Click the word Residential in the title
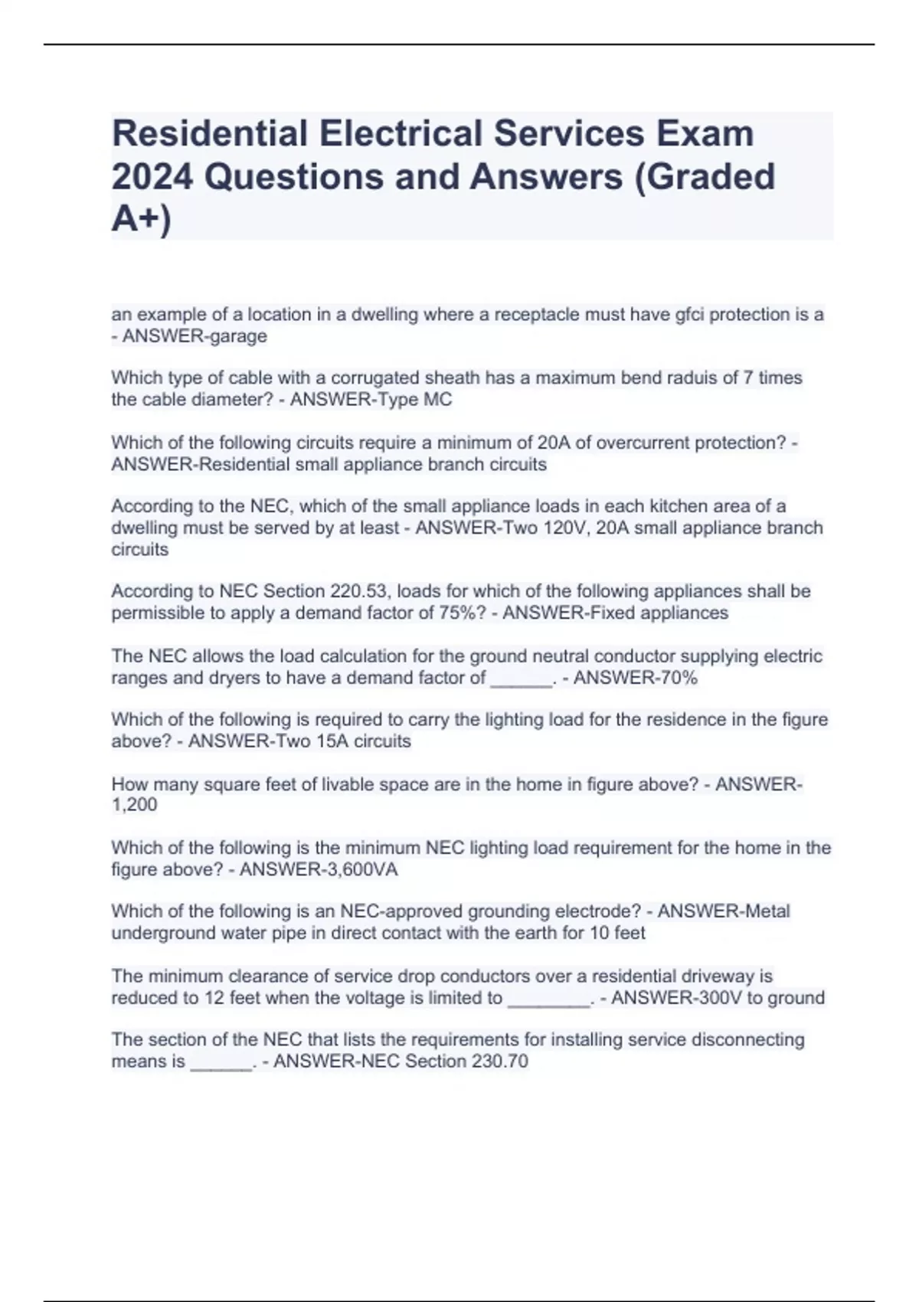209,133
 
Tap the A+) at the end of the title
142,220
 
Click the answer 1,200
134,805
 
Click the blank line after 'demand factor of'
521,679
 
